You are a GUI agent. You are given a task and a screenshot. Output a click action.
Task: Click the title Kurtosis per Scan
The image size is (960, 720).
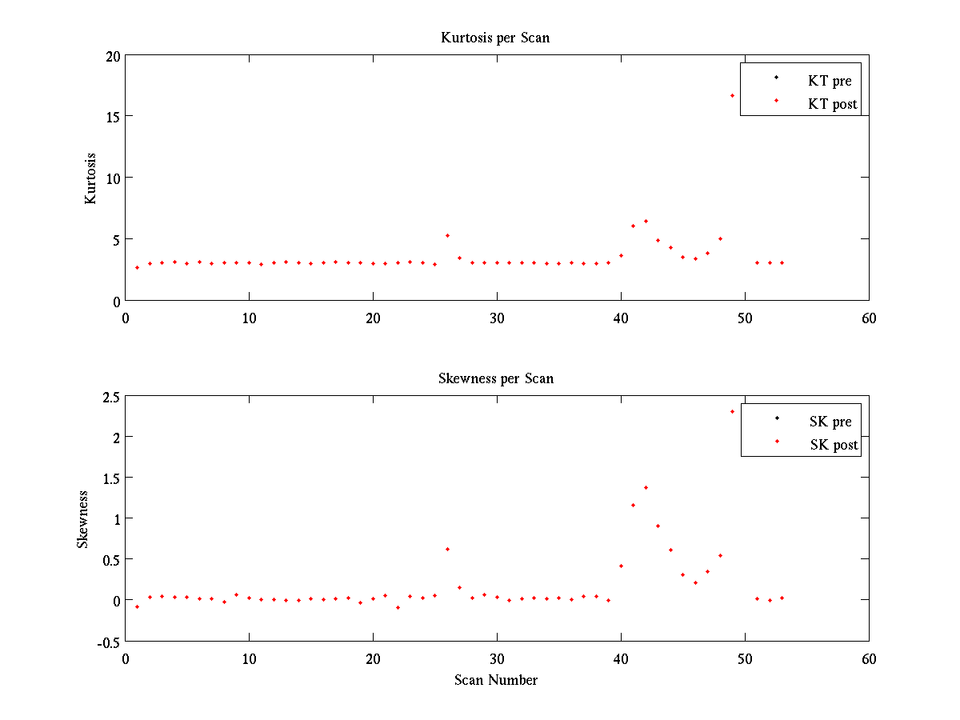pyautogui.click(x=495, y=38)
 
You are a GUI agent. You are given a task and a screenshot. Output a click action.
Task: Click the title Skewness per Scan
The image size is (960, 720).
pyautogui.click(x=495, y=378)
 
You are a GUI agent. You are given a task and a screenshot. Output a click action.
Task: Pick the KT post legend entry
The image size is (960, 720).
pyautogui.click(x=832, y=104)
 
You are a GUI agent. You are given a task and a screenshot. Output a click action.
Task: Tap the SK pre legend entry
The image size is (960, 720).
pyautogui.click(x=830, y=422)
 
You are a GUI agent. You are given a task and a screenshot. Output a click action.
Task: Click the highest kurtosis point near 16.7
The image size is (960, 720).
pyautogui.click(x=732, y=96)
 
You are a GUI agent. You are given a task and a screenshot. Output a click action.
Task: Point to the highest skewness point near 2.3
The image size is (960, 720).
pyautogui.click(x=732, y=412)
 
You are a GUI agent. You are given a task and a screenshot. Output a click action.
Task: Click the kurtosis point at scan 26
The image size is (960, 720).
pyautogui.click(x=447, y=235)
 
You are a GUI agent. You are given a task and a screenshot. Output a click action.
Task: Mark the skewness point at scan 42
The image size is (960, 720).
pyautogui.click(x=646, y=487)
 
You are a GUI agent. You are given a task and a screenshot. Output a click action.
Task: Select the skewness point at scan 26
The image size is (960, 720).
pyautogui.click(x=447, y=549)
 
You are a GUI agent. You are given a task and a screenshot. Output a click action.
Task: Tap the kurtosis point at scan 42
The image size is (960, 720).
pyautogui.click(x=646, y=221)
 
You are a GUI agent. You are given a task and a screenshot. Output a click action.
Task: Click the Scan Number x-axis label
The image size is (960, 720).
pyautogui.click(x=496, y=680)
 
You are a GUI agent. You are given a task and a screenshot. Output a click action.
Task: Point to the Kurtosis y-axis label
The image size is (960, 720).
pyautogui.click(x=91, y=178)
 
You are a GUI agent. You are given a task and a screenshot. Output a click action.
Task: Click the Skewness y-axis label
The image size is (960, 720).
pyautogui.click(x=82, y=519)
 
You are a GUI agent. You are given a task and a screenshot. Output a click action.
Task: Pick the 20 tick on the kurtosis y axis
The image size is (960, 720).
pyautogui.click(x=111, y=55)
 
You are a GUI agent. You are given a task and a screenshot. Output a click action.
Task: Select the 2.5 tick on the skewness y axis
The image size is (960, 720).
pyautogui.click(x=109, y=396)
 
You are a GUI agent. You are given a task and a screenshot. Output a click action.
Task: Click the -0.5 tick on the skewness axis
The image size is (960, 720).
pyautogui.click(x=107, y=642)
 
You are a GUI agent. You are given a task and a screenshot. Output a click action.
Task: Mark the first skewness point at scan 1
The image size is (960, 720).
pyautogui.click(x=137, y=606)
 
